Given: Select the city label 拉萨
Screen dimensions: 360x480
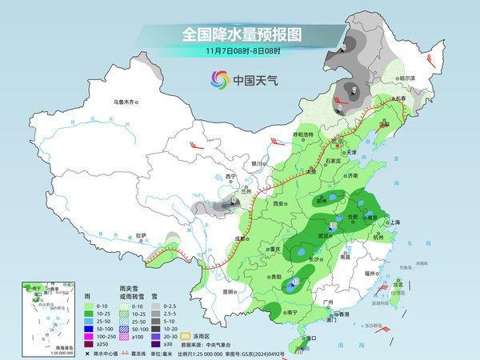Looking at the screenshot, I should (141, 235).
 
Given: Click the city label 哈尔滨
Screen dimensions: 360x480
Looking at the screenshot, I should (408, 78).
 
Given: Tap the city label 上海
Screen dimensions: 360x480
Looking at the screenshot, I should (393, 222).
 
